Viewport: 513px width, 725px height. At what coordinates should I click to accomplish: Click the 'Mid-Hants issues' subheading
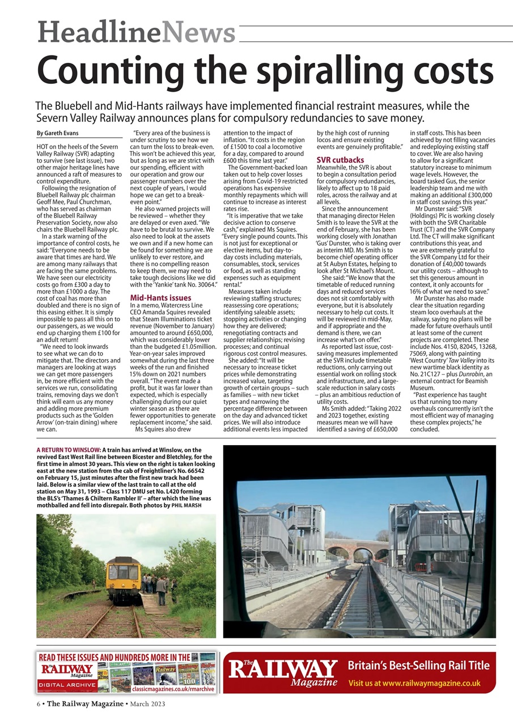(x=161, y=297)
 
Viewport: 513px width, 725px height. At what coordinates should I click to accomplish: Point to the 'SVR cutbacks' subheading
(x=340, y=160)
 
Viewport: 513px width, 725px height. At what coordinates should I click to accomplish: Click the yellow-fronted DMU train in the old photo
(x=124, y=579)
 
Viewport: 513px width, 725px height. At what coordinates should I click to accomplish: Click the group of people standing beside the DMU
(x=156, y=583)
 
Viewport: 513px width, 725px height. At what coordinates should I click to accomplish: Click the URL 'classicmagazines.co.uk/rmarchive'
(x=173, y=689)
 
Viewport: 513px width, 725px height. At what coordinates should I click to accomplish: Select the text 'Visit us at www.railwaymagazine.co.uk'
(x=414, y=683)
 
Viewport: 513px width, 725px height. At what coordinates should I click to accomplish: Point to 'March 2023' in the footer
(x=147, y=703)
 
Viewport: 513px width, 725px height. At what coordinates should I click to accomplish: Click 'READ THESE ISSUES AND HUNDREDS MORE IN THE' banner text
(x=113, y=657)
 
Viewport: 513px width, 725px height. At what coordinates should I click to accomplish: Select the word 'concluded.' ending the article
(x=429, y=429)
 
